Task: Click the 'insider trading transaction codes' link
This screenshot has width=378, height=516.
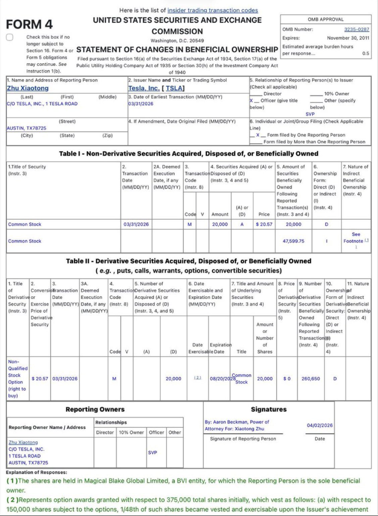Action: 212,10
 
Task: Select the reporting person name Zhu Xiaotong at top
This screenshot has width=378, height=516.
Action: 28,88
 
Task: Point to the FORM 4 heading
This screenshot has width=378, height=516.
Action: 30,24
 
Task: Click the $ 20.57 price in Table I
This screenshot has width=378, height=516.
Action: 263,224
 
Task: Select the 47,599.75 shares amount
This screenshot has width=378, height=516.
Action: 293,241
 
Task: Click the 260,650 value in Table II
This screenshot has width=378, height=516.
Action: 310,379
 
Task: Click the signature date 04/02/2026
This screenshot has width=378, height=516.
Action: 319,425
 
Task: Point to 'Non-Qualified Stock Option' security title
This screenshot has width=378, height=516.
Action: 17,379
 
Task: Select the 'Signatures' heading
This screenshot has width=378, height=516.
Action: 268,409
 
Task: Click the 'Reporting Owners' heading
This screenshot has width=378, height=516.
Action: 95,409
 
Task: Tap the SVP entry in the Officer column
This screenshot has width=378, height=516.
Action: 153,452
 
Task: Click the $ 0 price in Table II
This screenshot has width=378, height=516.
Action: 287,379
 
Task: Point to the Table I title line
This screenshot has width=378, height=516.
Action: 189,154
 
